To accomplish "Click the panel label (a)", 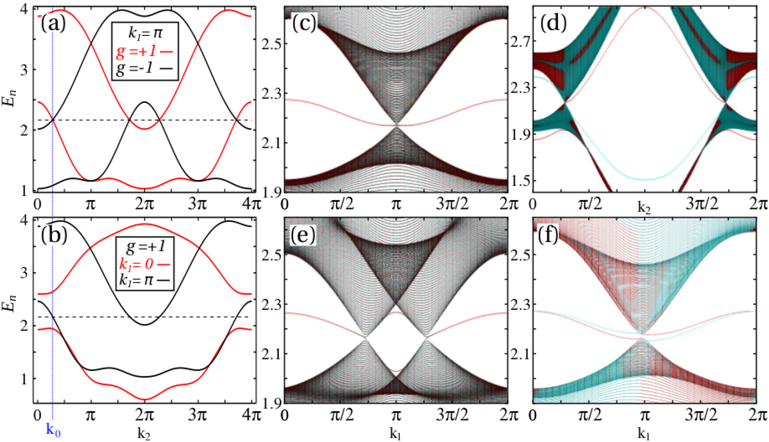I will pos(53,24).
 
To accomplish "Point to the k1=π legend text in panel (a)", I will pos(145,34).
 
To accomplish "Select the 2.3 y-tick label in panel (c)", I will pos(271,94).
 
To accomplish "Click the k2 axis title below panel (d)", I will pos(644,208).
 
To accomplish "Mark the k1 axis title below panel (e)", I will pos(396,434).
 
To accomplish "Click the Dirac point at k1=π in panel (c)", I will pos(396,124).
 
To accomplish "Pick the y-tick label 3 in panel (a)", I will pos(24,70).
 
